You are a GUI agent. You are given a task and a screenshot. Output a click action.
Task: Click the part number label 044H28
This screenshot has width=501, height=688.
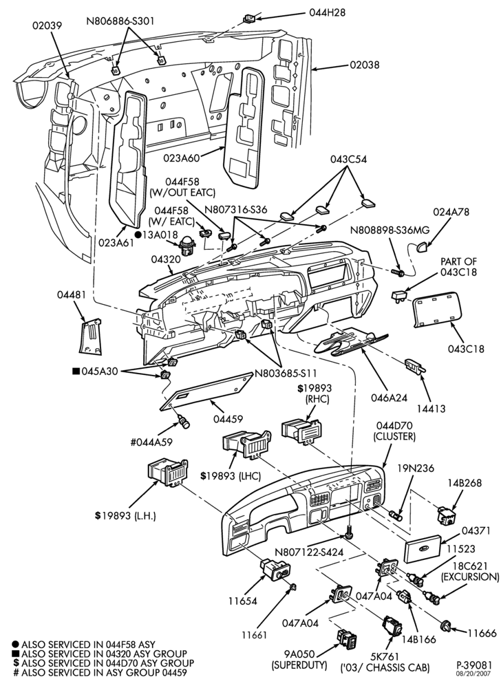[x=328, y=12]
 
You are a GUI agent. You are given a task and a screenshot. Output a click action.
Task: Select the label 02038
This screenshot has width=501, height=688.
[x=365, y=65]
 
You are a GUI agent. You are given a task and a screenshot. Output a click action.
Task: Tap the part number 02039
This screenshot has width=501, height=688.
[x=47, y=25]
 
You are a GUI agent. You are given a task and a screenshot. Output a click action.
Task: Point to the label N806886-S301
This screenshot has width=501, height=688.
[x=120, y=21]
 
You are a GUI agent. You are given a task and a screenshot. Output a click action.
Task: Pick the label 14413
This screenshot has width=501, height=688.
[x=430, y=409]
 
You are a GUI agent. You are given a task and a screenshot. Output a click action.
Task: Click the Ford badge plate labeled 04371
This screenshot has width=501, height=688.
[x=423, y=549]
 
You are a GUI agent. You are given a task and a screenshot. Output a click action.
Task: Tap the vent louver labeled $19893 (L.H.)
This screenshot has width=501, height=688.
[x=168, y=472]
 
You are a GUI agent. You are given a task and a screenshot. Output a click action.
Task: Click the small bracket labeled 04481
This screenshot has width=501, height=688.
[x=91, y=336]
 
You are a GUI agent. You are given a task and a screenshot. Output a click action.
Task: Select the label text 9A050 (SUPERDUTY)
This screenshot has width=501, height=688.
[x=299, y=660]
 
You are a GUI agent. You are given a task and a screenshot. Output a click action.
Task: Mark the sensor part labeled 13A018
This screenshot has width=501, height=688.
[x=188, y=246]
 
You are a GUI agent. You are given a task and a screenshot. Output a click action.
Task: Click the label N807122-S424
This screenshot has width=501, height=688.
[x=309, y=552]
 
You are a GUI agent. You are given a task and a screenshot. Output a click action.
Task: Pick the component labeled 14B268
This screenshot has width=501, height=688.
[x=448, y=515]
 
